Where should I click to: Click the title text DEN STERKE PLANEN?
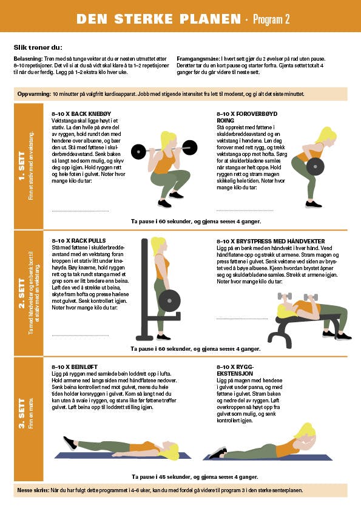click(159, 19)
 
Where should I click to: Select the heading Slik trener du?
click(38, 47)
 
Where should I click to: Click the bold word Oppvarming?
click(34, 94)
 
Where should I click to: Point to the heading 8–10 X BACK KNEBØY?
click(81, 113)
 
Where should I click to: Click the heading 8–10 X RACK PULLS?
click(79, 241)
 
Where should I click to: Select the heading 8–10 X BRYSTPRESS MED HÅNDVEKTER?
click(271, 242)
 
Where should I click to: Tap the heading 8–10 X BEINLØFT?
click(75, 367)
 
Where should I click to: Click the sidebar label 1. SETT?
click(22, 166)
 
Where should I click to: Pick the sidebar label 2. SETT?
click(22, 293)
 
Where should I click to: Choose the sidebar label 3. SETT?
click(22, 413)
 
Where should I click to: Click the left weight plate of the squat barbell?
click(138, 152)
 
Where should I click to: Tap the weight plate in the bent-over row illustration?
click(315, 166)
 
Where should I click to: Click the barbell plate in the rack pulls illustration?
click(169, 301)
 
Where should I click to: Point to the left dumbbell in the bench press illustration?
click(285, 296)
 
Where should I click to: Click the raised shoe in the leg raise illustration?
click(70, 444)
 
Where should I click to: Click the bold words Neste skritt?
click(33, 490)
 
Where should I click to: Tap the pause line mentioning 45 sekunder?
click(195, 477)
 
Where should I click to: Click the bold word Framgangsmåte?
click(198, 59)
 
